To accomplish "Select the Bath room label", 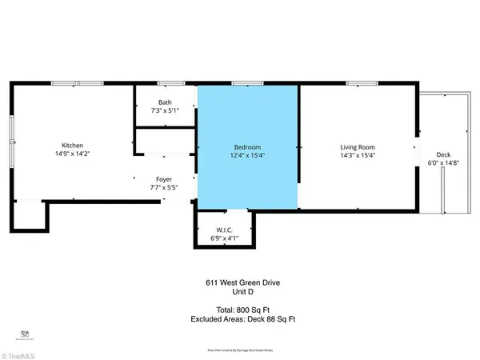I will pyautogui.click(x=165, y=102).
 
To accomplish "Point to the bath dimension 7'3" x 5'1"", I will pyautogui.click(x=165, y=110).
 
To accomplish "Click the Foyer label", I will pyautogui.click(x=164, y=180).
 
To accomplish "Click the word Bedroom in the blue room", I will pyautogui.click(x=246, y=147).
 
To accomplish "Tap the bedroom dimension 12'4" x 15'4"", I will pyautogui.click(x=246, y=156).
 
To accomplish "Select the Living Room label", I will pyautogui.click(x=357, y=147).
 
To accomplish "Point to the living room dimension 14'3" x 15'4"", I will pyautogui.click(x=357, y=156).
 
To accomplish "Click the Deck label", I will pyautogui.click(x=443, y=154).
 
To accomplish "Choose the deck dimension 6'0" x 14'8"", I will pyautogui.click(x=443, y=163).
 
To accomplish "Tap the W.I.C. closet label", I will pyautogui.click(x=224, y=230).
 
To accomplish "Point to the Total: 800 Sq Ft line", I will pyautogui.click(x=239, y=309).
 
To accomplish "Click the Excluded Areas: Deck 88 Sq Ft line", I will pyautogui.click(x=239, y=318).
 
